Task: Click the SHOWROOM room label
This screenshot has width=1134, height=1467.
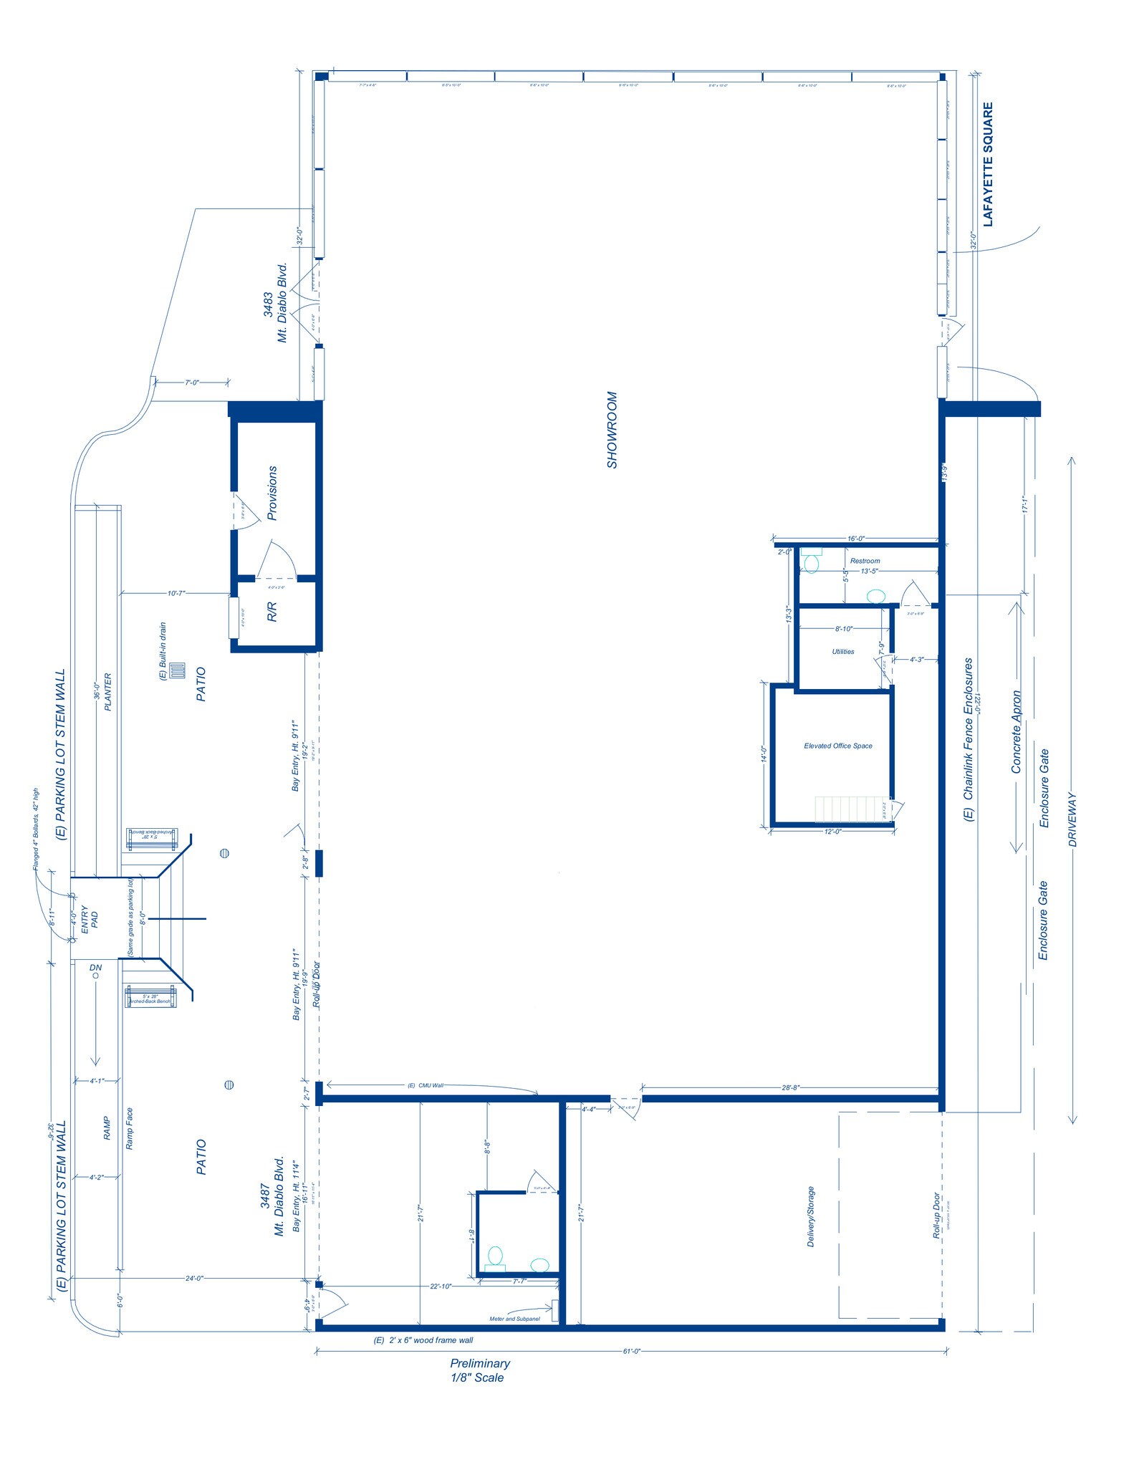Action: click(x=612, y=429)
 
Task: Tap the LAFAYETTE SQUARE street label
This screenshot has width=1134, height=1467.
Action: click(x=988, y=164)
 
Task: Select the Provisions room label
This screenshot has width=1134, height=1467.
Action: click(x=272, y=493)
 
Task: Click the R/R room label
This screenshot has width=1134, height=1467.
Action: click(x=272, y=612)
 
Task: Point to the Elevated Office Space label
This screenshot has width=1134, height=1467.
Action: click(x=837, y=746)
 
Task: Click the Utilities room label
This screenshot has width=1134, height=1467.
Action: click(x=842, y=652)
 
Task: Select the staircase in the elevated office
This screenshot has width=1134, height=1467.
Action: click(x=852, y=809)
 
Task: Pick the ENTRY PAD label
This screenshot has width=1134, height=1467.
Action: click(x=90, y=918)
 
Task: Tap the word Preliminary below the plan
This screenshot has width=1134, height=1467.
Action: click(x=480, y=1364)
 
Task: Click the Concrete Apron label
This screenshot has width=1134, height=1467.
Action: click(x=1016, y=731)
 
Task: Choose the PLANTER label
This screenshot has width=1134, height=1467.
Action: click(x=108, y=691)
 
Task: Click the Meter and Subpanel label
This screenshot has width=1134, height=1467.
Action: click(x=514, y=1319)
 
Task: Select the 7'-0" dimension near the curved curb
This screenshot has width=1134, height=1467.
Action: click(x=191, y=383)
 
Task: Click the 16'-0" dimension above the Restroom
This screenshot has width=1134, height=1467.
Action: click(x=856, y=539)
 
